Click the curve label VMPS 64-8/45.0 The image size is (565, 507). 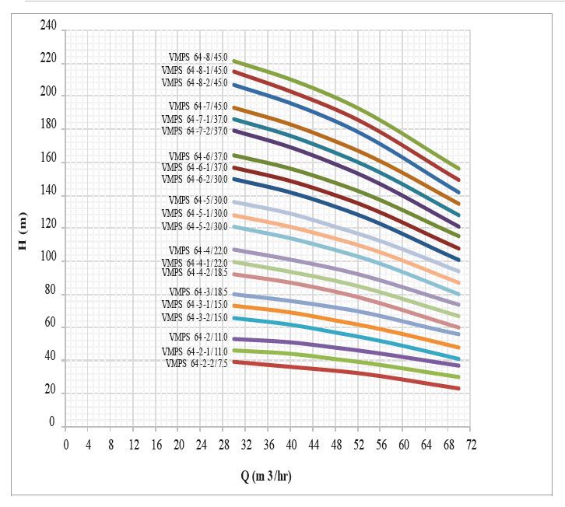tap(198, 57)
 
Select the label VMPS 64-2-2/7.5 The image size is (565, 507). tap(196, 363)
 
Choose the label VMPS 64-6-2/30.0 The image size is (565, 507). tap(195, 179)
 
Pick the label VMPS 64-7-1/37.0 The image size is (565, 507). tap(195, 119)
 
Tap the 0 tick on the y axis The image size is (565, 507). tap(53, 424)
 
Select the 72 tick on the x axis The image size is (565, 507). tap(471, 445)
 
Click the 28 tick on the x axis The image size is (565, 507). tap(223, 445)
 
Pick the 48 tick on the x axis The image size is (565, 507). tap(336, 445)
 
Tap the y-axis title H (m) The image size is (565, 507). tap(23, 232)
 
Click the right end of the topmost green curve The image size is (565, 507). tap(459, 168)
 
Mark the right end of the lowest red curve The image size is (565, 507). tap(459, 388)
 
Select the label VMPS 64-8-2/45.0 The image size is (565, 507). tap(195, 82)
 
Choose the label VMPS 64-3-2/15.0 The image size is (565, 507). tap(195, 317)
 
